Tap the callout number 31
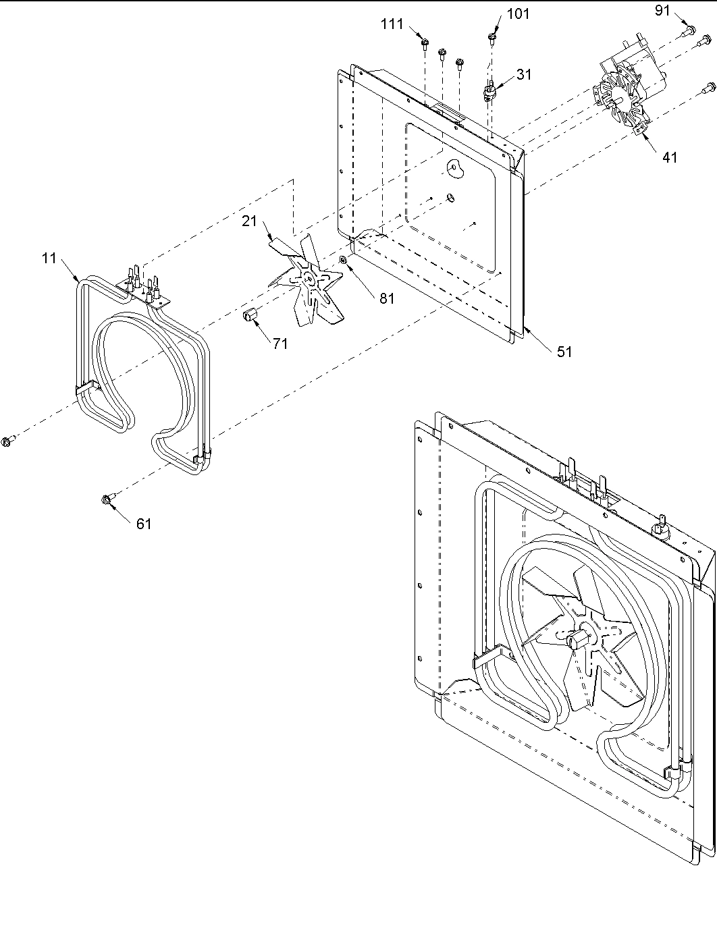coord(524,75)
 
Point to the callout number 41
coord(669,157)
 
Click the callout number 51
coord(564,351)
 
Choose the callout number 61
coord(143,523)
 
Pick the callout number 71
coord(280,344)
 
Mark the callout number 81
coord(386,298)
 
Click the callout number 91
coord(664,10)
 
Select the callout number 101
coord(518,14)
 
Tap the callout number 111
coord(392,24)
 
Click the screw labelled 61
coord(107,499)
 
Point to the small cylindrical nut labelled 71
coord(249,315)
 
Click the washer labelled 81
coord(344,261)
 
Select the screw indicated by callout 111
coord(424,44)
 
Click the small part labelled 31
coord(491,90)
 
